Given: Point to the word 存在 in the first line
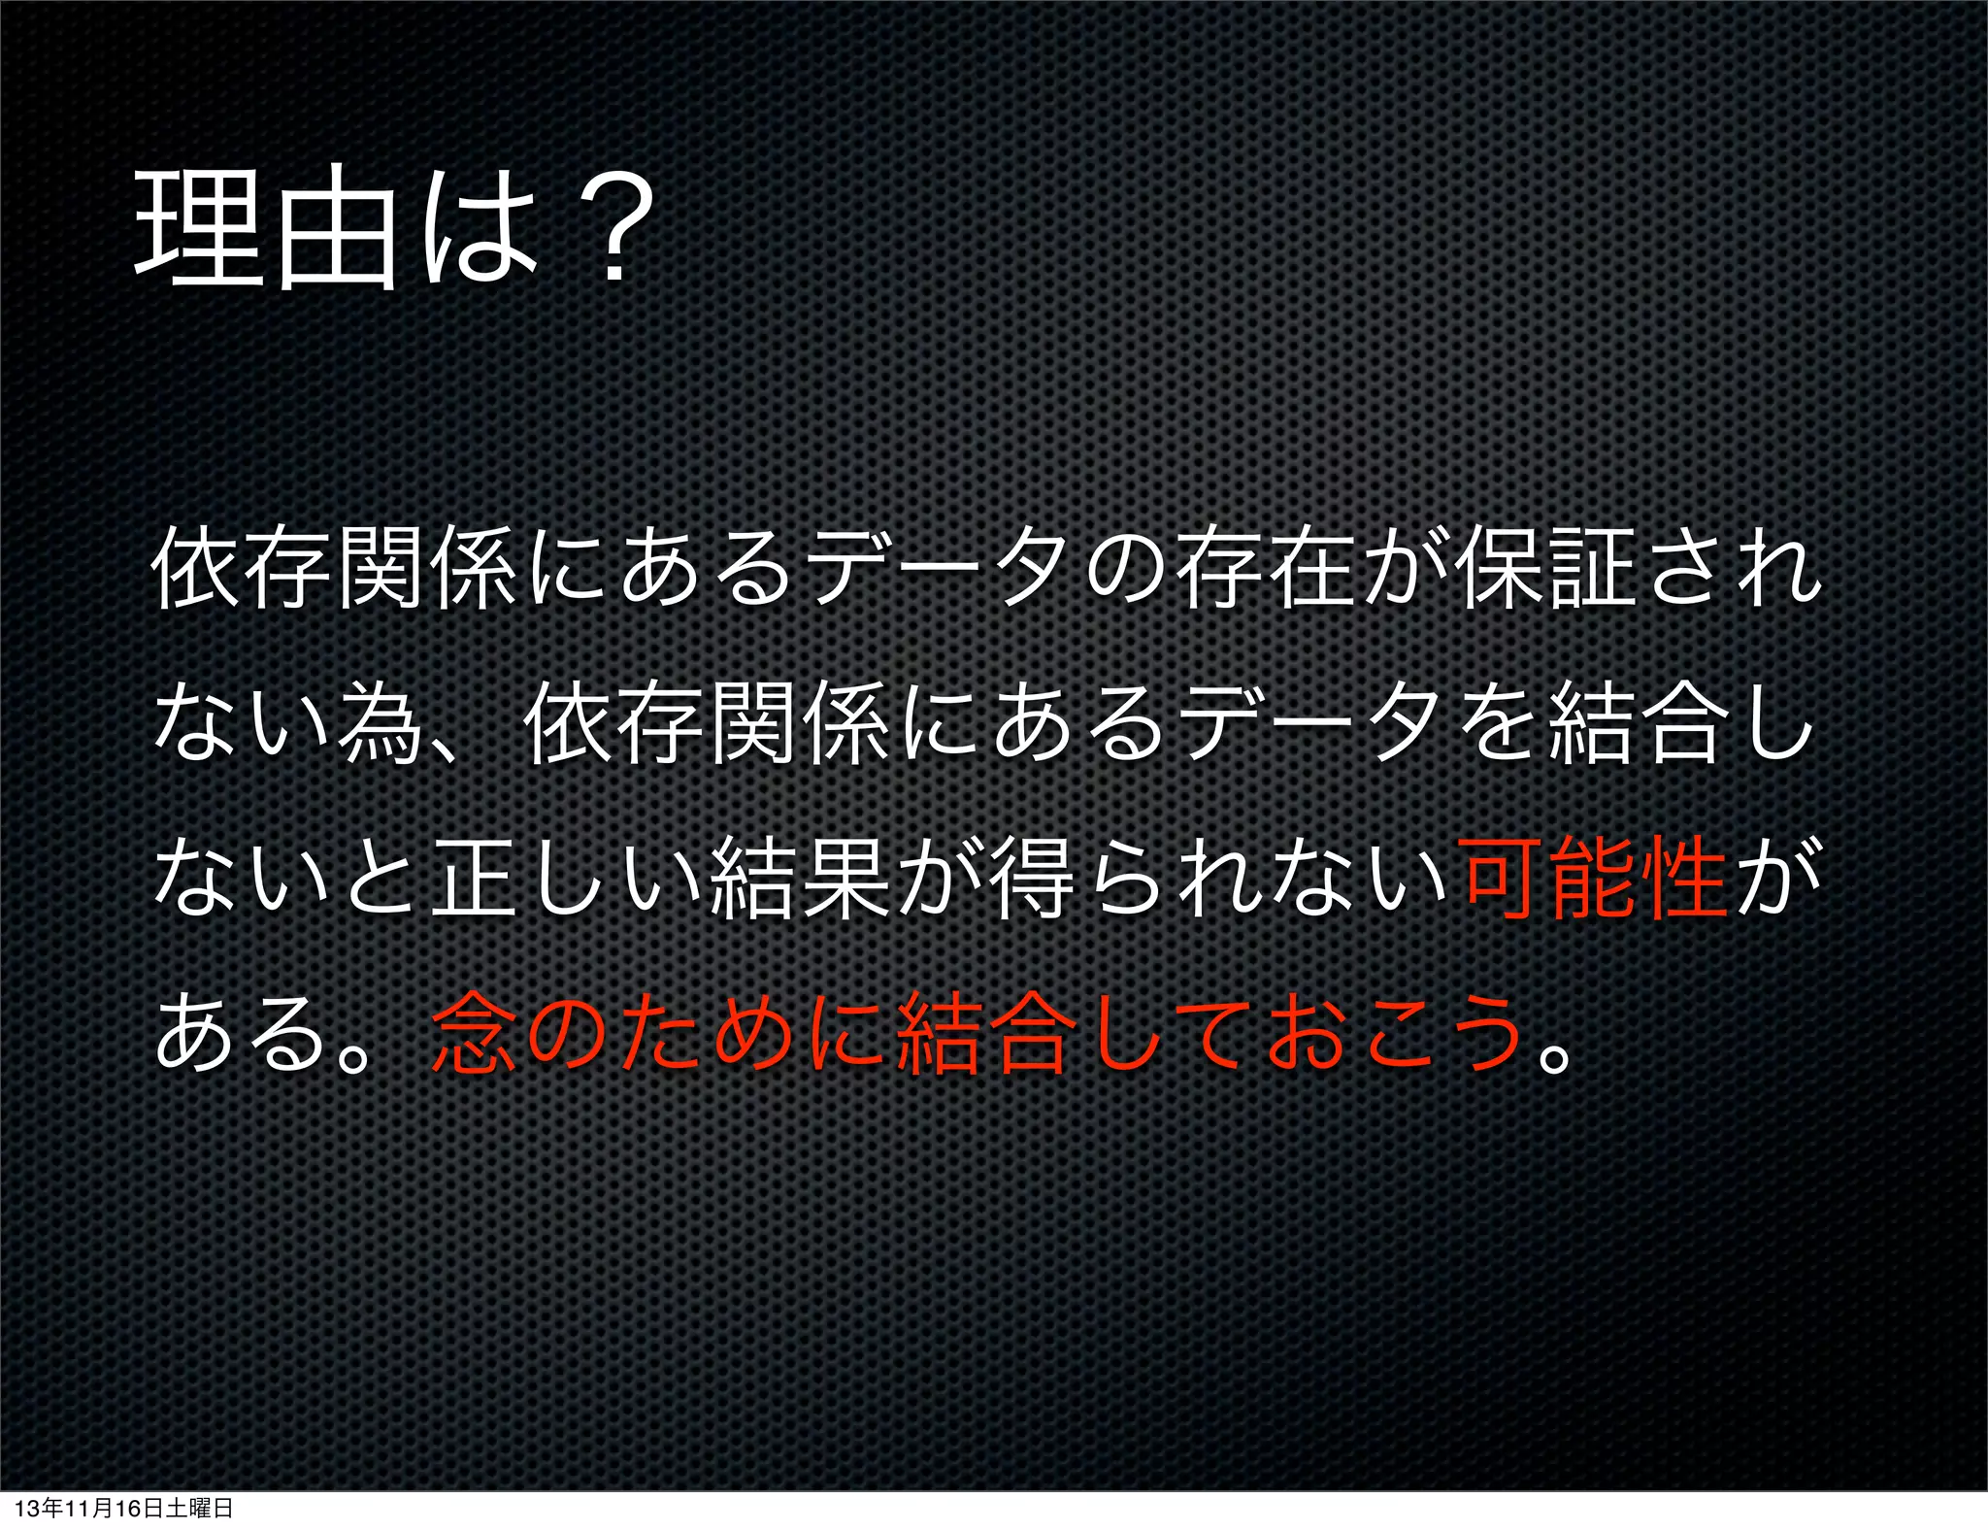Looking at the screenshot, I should pos(1267,569).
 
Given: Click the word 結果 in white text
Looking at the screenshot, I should pos(799,879).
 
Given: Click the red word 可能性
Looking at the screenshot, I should pos(1593,879).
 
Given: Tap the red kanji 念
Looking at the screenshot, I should pos(474,1034).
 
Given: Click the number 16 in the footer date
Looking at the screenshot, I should pos(127,1509).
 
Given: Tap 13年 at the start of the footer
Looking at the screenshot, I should pos(39,1509).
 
